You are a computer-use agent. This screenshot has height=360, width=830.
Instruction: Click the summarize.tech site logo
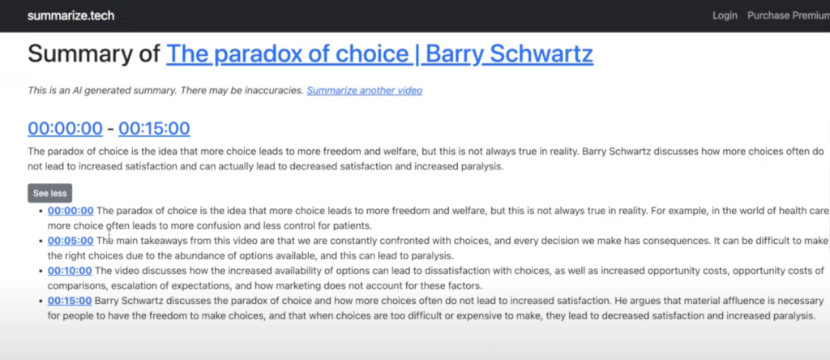(71, 15)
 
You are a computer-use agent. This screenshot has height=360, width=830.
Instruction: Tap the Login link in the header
(725, 15)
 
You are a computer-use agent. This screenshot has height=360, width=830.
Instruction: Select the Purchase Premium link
(789, 15)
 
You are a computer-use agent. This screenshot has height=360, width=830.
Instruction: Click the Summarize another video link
(364, 91)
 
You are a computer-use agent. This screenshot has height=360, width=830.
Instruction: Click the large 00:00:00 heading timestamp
(65, 128)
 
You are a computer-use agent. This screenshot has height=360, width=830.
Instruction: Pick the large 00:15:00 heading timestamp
(154, 128)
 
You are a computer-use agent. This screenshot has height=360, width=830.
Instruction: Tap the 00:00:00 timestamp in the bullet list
(71, 211)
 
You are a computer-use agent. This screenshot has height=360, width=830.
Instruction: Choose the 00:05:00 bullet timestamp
(71, 241)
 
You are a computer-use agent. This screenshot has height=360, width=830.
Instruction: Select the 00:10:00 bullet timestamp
(70, 271)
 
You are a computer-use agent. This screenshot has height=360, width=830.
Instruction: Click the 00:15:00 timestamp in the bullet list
(70, 302)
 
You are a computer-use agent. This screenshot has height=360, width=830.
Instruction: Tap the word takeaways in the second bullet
(159, 241)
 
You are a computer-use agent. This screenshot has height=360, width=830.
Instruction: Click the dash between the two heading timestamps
(110, 129)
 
